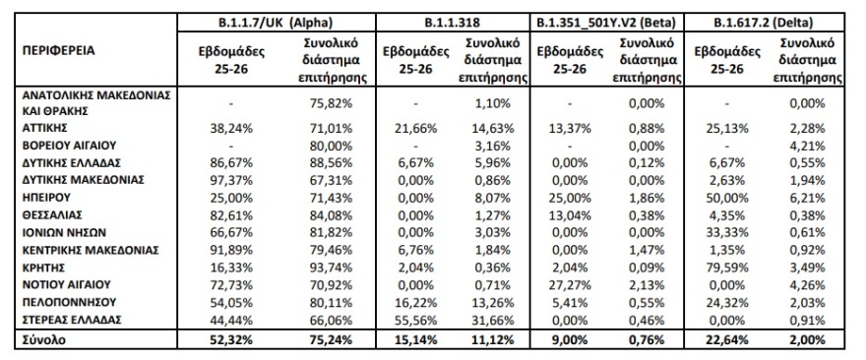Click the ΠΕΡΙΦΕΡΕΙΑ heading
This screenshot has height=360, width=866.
pos(59,49)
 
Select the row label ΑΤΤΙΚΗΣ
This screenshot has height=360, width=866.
pos(47,128)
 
